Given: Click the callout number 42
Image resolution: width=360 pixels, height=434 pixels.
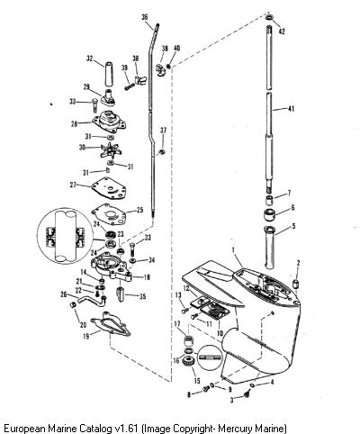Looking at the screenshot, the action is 282,31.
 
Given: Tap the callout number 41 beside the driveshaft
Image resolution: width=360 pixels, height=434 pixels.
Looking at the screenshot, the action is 291,109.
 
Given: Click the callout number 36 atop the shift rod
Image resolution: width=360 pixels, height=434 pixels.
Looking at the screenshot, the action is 145,17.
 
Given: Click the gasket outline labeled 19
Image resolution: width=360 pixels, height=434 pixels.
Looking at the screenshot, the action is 111,325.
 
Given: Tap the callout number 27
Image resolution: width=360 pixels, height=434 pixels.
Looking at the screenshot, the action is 73,185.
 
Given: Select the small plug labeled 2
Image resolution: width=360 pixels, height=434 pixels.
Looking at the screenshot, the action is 296,283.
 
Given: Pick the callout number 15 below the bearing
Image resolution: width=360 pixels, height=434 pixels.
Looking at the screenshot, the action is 197,381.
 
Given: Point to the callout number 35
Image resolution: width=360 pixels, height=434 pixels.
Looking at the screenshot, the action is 142,296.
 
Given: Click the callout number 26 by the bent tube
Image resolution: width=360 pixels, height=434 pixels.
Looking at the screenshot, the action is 64,294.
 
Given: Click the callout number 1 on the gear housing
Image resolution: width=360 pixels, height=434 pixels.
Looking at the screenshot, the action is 233,249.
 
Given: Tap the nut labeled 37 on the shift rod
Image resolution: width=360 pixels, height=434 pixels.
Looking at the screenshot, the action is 162,151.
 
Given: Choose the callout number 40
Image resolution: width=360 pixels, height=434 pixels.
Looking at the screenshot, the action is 176,48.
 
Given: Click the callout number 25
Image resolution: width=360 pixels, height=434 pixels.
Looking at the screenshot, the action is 139,210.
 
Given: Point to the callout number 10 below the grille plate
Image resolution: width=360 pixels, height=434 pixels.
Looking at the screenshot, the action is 220,333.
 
